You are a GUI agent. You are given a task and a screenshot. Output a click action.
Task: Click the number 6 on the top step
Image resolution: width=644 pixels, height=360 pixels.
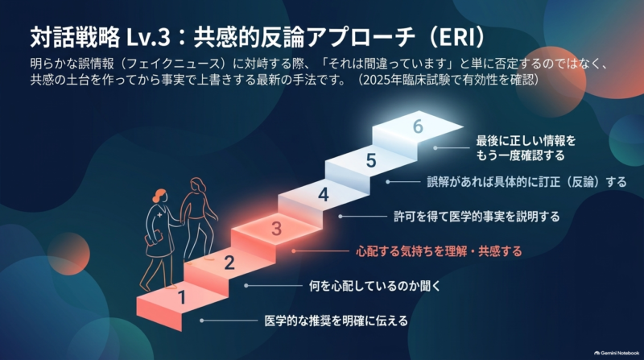(418, 126)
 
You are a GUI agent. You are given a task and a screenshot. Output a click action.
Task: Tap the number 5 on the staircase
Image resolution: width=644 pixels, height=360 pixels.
(371, 160)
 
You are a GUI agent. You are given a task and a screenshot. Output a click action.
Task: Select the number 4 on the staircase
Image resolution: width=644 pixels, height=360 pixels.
(324, 194)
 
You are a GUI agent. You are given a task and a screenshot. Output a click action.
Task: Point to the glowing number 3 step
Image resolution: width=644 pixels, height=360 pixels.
(277, 229)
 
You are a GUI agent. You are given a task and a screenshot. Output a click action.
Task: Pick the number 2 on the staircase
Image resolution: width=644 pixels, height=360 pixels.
(229, 263)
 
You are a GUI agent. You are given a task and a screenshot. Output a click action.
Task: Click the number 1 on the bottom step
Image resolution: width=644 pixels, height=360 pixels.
(182, 297)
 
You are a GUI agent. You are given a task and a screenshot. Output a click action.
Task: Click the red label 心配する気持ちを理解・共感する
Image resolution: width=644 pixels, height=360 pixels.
(439, 251)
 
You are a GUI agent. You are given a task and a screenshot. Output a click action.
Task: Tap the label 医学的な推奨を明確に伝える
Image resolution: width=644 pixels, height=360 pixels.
(336, 321)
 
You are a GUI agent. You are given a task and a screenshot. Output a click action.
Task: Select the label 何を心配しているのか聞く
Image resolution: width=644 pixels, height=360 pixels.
(374, 286)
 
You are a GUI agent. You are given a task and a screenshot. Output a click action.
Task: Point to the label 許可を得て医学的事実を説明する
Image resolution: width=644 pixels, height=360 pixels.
(477, 216)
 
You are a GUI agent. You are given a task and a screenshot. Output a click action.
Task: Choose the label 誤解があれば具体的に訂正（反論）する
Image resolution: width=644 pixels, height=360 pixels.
(527, 182)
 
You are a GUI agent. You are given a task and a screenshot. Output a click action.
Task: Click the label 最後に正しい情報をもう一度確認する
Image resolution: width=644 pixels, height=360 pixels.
(526, 148)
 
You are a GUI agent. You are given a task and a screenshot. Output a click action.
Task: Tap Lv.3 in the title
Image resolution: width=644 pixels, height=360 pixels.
(148, 37)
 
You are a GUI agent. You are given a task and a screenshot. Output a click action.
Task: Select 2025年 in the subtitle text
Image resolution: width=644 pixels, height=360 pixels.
(384, 79)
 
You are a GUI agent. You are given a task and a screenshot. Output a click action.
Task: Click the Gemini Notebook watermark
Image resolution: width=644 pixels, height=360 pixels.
(617, 353)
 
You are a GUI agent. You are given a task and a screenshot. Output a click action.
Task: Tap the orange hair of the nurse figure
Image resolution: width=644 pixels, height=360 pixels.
(159, 195)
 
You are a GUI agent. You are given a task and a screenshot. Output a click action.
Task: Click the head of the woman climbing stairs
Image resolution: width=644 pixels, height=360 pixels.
(198, 185)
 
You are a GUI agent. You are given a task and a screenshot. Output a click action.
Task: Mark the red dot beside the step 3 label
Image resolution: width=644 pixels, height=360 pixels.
(293, 250)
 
